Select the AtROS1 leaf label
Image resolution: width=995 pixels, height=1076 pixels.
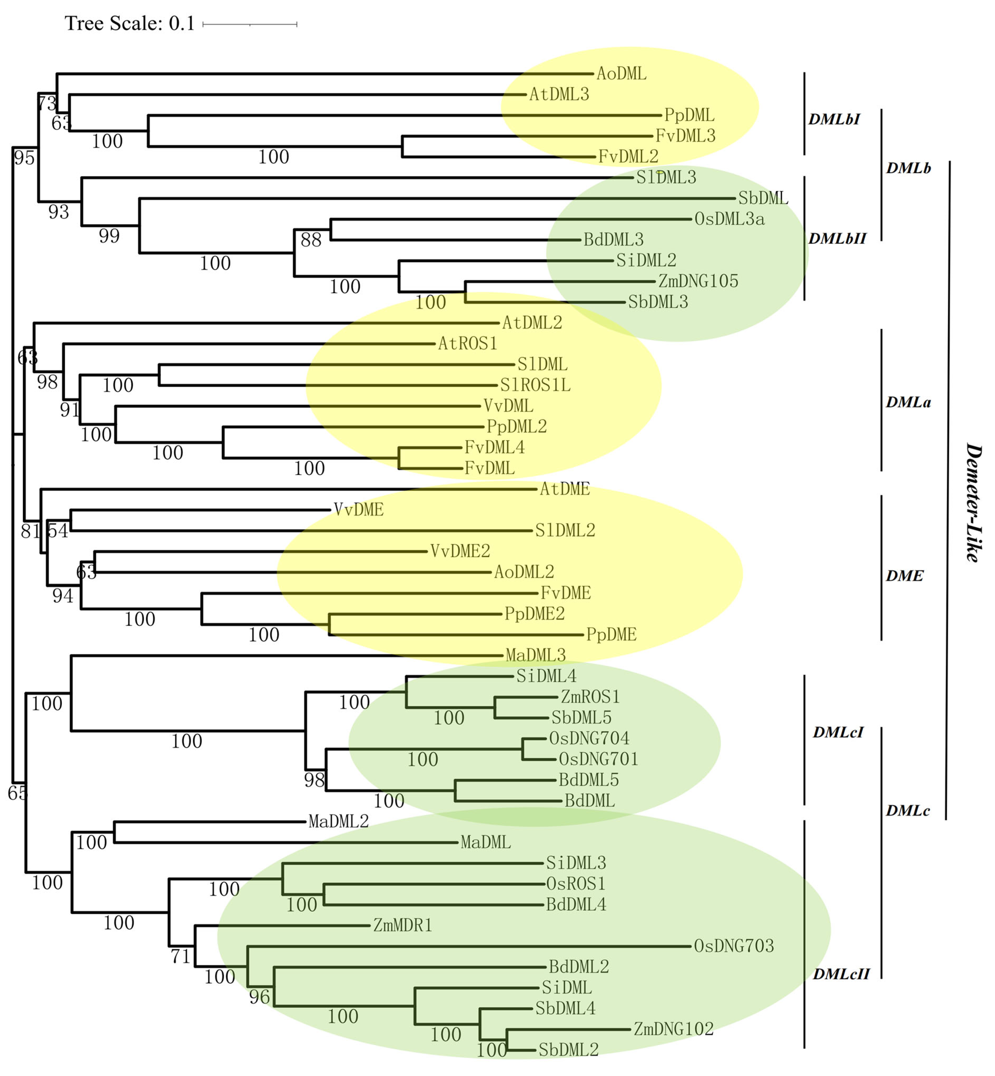pos(467,344)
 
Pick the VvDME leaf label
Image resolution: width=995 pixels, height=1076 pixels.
pos(359,510)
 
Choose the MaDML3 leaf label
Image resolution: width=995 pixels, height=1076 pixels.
pos(536,655)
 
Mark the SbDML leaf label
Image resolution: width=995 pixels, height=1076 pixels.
pos(763,198)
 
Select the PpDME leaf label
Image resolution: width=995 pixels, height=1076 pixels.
pos(611,635)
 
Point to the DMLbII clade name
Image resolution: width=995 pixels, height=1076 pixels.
pos(837,239)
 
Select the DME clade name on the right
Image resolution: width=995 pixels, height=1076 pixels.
pos(904,576)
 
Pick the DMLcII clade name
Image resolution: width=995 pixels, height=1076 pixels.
pos(841,974)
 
